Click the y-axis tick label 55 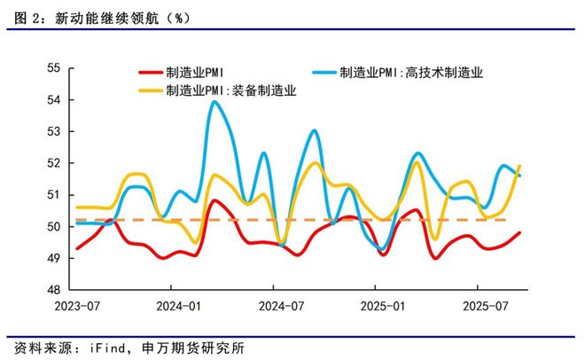click(54, 68)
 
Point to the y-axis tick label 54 click(54, 100)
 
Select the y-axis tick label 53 click(54, 132)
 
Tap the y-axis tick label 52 click(54, 163)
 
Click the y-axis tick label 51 click(54, 195)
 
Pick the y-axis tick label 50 click(54, 227)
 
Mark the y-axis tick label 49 click(54, 258)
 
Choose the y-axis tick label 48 click(54, 290)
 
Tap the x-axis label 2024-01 click(175, 306)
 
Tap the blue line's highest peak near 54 click(214, 102)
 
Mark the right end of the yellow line click(519, 166)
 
